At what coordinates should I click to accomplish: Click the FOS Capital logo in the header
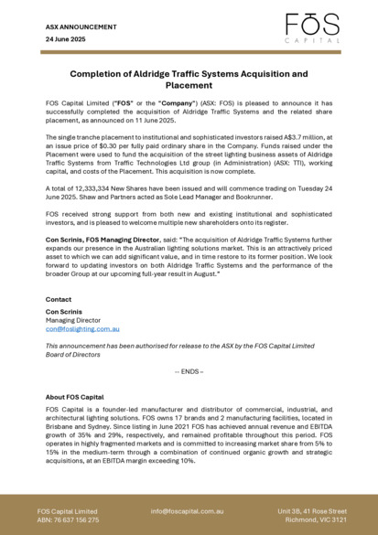(x=307, y=27)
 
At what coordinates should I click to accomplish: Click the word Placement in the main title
(x=189, y=85)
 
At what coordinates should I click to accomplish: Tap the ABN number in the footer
(x=68, y=519)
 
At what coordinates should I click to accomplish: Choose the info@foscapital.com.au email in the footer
(x=188, y=511)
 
